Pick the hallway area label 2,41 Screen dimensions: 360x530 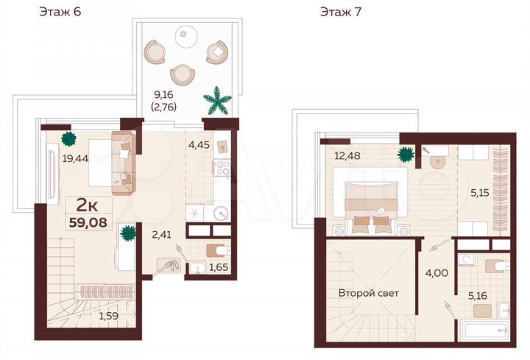pos(163,236)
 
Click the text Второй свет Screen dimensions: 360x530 pos(368,293)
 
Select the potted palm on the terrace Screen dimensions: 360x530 pos(217,101)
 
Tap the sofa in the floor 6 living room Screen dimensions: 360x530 pos(124,158)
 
